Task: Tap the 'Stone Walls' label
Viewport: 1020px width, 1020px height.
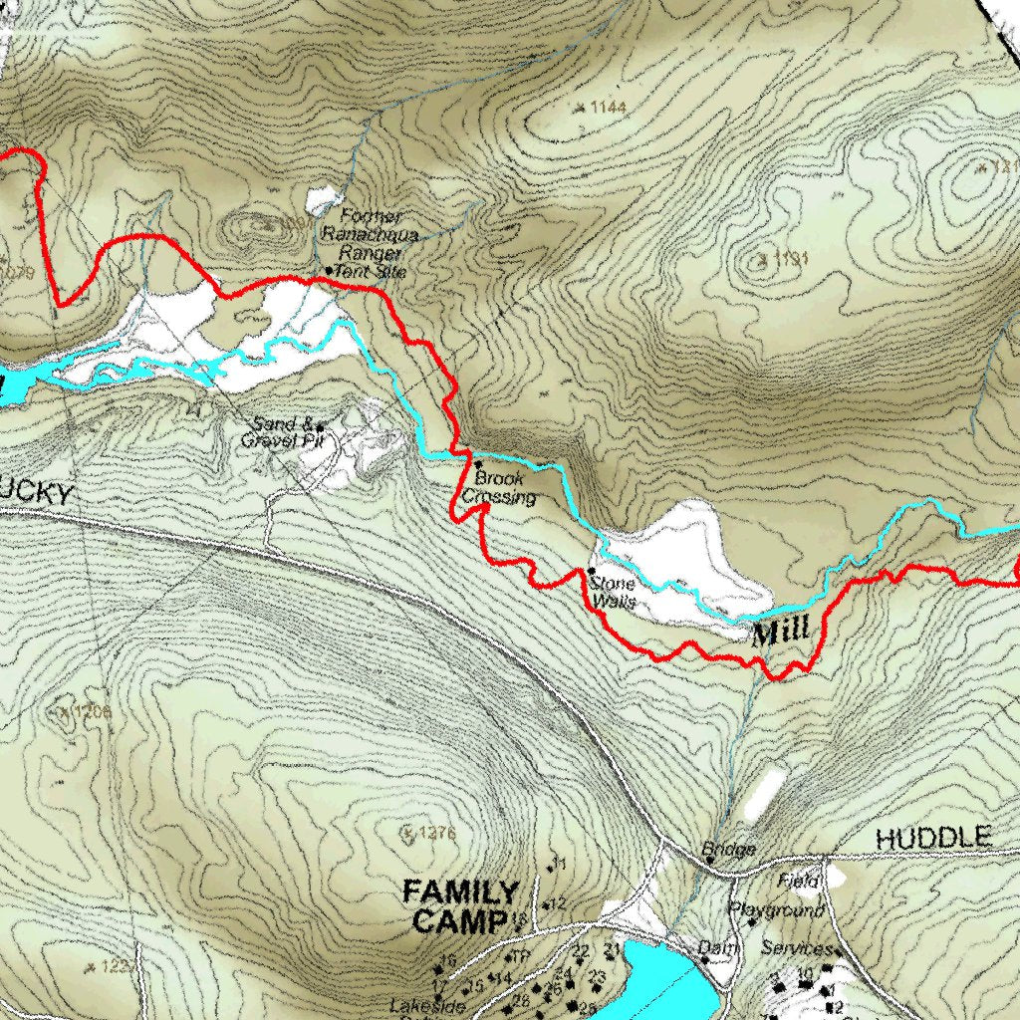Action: click(613, 593)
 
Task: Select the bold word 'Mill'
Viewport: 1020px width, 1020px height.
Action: click(780, 634)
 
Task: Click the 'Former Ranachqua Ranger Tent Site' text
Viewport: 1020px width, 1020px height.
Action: click(371, 243)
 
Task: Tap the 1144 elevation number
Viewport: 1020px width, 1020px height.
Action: click(607, 107)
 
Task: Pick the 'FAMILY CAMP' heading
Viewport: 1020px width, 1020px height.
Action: click(460, 906)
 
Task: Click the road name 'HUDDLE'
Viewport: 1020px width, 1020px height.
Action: click(933, 838)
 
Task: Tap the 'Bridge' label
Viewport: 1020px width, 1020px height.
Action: click(729, 850)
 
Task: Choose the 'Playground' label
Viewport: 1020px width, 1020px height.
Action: click(776, 910)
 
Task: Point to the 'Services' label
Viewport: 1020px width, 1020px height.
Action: click(796, 948)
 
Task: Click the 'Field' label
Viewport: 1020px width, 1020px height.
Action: click(798, 882)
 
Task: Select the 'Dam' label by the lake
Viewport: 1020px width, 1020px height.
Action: click(716, 948)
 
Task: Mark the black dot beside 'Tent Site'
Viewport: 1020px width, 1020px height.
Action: click(329, 270)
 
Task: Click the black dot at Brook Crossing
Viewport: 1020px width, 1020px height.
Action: click(477, 464)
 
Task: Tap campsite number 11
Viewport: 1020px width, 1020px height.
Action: click(559, 863)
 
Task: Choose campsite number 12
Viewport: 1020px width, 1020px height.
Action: click(558, 903)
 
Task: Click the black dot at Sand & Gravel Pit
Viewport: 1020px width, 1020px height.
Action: click(320, 426)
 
